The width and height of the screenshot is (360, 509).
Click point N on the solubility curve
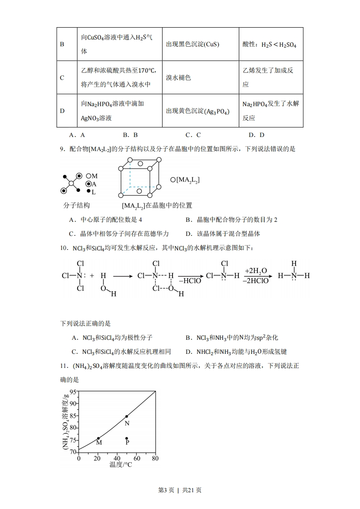click(x=127, y=416)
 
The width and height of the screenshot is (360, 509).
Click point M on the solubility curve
click(x=99, y=438)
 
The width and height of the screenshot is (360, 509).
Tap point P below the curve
click(x=127, y=438)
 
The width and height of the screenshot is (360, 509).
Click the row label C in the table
click(x=62, y=78)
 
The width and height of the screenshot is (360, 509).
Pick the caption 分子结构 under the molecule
click(x=76, y=205)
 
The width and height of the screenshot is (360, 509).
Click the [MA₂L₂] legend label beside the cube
click(x=187, y=180)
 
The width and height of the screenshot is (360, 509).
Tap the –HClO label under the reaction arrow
click(x=189, y=281)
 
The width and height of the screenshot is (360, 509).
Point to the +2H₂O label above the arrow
click(x=256, y=271)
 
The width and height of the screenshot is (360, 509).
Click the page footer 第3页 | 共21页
click(x=180, y=490)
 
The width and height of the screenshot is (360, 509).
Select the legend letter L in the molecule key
click(x=94, y=192)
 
